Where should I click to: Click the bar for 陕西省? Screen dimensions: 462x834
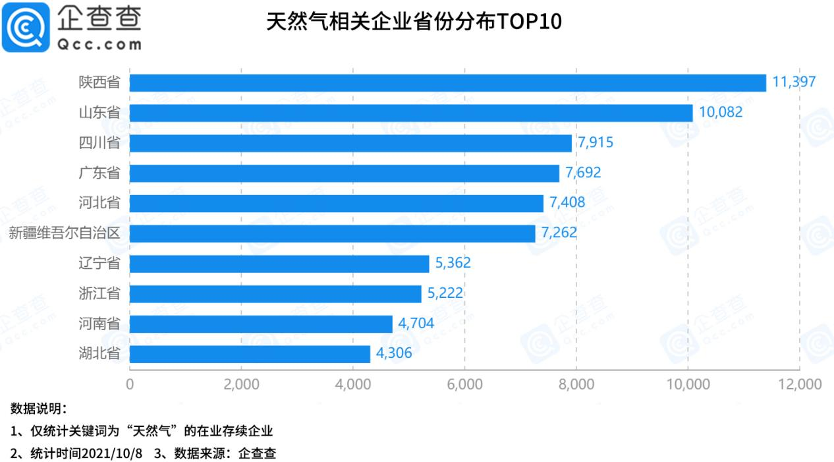pyautogui.click(x=448, y=82)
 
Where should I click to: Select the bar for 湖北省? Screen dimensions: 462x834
pyautogui.click(x=250, y=354)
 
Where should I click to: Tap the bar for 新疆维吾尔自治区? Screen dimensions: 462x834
pyautogui.click(x=332, y=233)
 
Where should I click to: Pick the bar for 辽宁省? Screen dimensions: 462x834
pyautogui.click(x=279, y=264)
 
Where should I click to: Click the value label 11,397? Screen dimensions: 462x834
pyautogui.click(x=794, y=82)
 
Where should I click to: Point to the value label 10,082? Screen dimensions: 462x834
pyautogui.click(x=721, y=113)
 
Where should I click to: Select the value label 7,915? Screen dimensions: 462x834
pyautogui.click(x=596, y=143)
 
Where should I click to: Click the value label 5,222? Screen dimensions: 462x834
pyautogui.click(x=445, y=293)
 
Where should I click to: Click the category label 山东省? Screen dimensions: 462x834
pyautogui.click(x=99, y=113)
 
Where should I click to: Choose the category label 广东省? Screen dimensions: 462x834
pyautogui.click(x=99, y=173)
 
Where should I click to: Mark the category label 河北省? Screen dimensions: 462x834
pyautogui.click(x=99, y=203)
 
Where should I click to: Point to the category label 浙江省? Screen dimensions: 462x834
pyautogui.click(x=99, y=293)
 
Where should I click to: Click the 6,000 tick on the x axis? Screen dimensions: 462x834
pyautogui.click(x=464, y=384)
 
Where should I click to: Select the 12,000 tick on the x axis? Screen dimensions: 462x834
pyautogui.click(x=799, y=384)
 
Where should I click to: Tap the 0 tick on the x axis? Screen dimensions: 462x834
pyautogui.click(x=130, y=384)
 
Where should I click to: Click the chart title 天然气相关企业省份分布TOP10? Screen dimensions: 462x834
pyautogui.click(x=414, y=22)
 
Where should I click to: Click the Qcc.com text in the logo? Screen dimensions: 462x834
pyautogui.click(x=99, y=45)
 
